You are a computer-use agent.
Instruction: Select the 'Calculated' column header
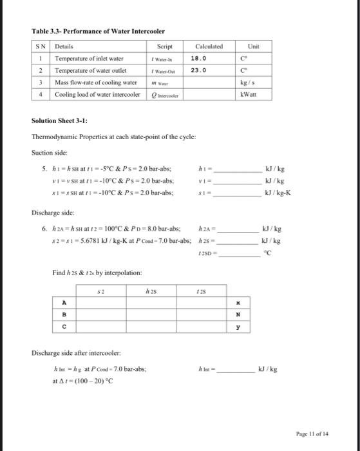coord(209,46)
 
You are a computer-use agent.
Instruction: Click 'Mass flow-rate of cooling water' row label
coord(95,82)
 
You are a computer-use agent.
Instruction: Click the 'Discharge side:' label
coord(52,211)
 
